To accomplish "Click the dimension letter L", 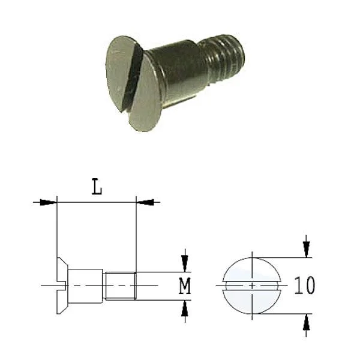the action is [x=97, y=187].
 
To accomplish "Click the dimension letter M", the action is [x=185, y=286].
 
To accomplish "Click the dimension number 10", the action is [x=305, y=286].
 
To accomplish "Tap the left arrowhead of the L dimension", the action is [x=48, y=202].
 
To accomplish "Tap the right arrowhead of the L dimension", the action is [x=145, y=202].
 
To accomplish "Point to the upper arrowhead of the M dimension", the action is [x=185, y=263].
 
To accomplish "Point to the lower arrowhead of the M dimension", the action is [x=185, y=308].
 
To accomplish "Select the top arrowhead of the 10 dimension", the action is [x=306, y=250].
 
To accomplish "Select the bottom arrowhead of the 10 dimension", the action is [x=306, y=322].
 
